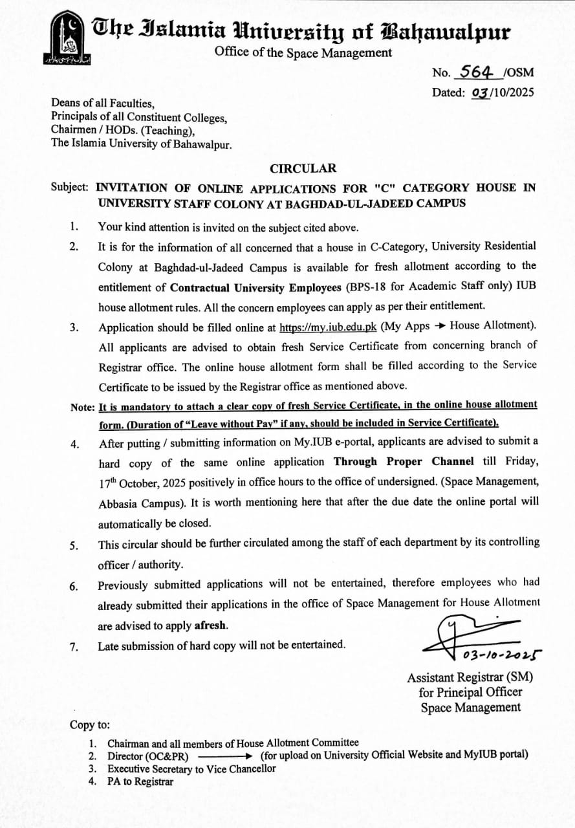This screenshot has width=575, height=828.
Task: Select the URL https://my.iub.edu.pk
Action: point(328,327)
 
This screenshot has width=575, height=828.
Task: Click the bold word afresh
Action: point(211,626)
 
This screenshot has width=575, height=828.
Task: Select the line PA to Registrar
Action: point(140,781)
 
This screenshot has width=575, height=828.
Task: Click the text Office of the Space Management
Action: point(303,53)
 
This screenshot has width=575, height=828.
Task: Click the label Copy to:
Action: point(90,725)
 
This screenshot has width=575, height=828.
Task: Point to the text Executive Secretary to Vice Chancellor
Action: point(191,768)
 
